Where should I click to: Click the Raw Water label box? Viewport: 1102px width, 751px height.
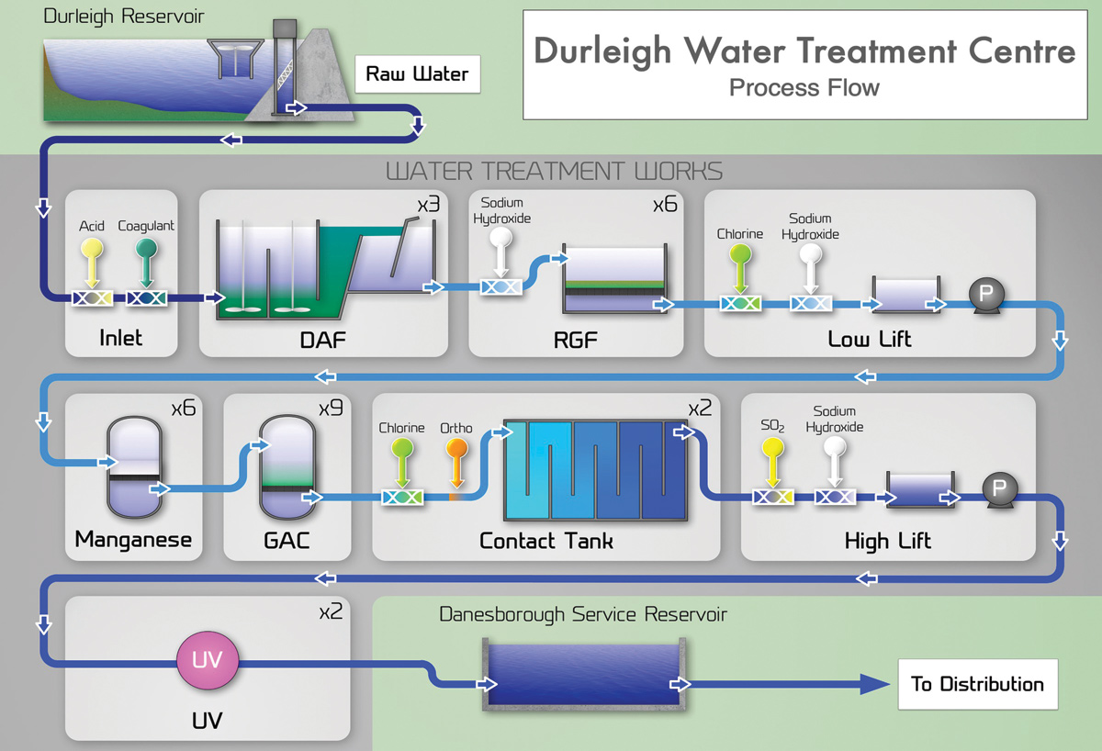tap(417, 74)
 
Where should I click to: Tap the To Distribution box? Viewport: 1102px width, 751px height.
tap(977, 684)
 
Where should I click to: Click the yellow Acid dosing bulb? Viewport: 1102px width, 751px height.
tap(92, 247)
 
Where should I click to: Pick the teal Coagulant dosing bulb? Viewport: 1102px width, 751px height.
tap(145, 247)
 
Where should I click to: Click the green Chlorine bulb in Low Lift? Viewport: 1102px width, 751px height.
tap(739, 254)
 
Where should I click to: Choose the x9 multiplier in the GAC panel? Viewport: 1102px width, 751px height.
tap(331, 408)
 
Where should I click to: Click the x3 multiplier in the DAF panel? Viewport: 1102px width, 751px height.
tap(428, 205)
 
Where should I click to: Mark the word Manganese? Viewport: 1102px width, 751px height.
tap(133, 539)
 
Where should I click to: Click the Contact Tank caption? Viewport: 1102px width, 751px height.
tap(545, 541)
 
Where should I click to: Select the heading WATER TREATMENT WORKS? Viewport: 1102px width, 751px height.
tap(554, 171)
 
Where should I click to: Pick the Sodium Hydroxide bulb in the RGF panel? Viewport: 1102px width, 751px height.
tap(500, 240)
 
